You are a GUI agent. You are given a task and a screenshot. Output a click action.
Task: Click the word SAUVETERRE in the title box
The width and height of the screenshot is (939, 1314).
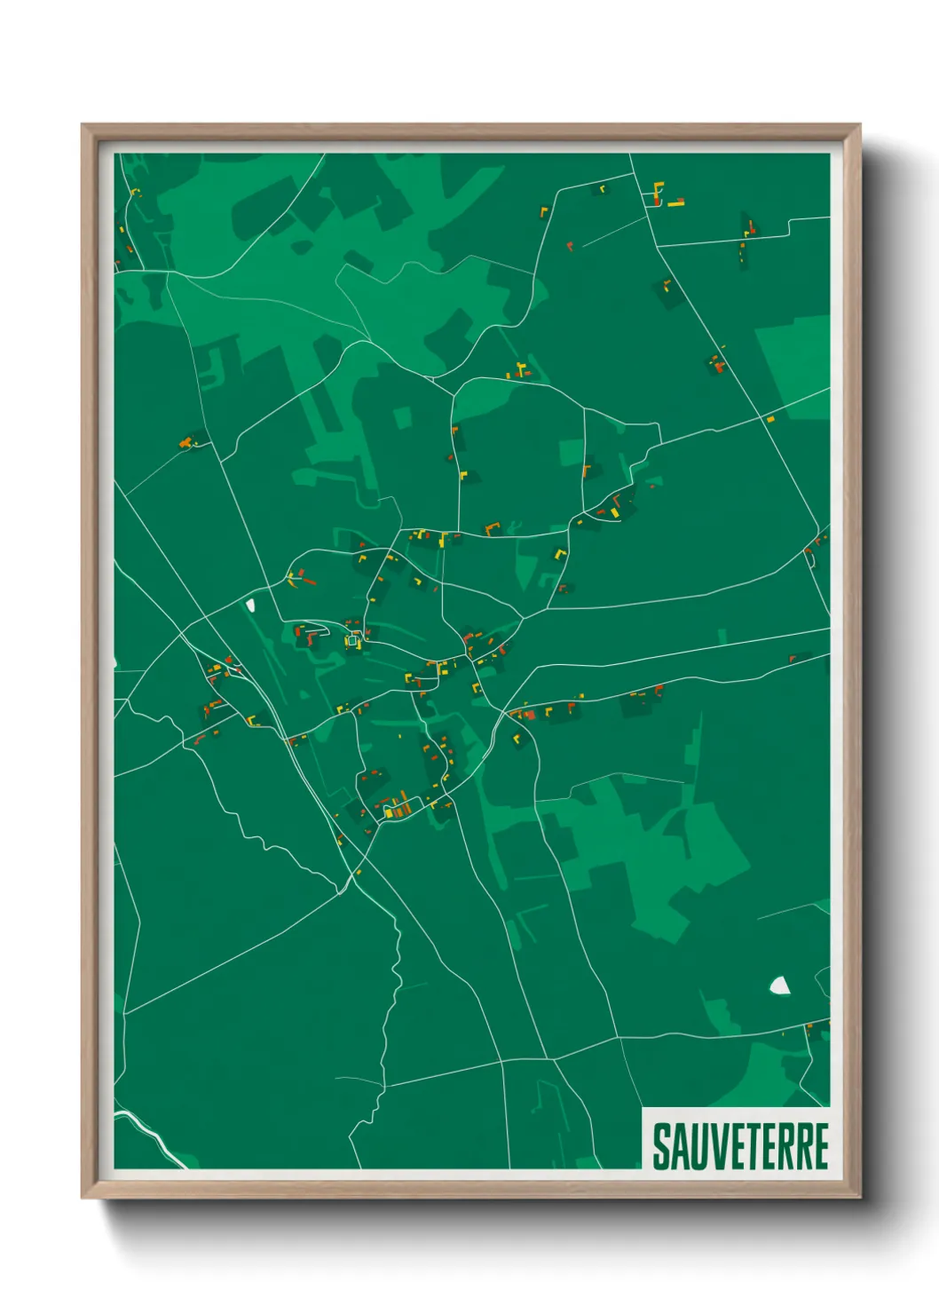(x=740, y=1146)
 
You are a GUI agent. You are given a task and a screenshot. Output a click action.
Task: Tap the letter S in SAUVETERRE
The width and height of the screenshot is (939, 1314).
(x=662, y=1146)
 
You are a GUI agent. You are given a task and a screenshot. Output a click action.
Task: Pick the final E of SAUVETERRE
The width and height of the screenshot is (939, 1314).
(x=819, y=1146)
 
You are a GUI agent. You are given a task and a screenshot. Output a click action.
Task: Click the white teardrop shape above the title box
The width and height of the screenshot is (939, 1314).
(x=779, y=985)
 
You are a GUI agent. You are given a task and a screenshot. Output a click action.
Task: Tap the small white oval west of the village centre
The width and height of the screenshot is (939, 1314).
(x=250, y=606)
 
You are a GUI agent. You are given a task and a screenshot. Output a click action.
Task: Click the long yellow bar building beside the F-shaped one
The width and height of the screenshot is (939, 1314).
(x=676, y=204)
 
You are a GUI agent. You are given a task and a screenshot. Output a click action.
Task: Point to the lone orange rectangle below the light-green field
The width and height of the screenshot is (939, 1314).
(x=770, y=418)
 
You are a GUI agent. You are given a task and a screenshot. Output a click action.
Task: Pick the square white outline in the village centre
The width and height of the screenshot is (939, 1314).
(x=352, y=640)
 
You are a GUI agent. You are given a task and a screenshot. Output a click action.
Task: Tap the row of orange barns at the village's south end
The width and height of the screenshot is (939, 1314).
(x=396, y=807)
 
